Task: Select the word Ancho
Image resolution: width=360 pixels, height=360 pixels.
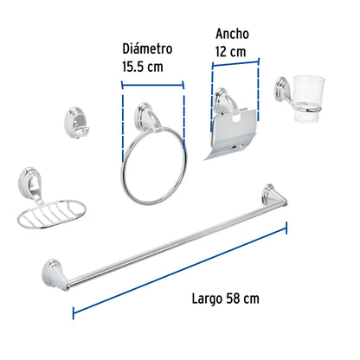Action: [x=231, y=34]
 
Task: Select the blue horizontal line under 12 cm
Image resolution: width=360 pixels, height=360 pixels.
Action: [x=234, y=67]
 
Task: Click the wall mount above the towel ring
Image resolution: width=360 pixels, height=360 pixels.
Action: [x=149, y=113]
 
